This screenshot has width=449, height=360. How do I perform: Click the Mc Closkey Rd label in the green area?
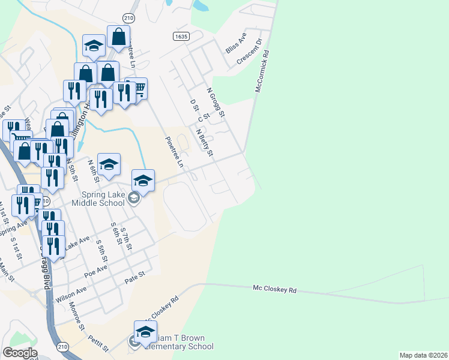click(x=275, y=289)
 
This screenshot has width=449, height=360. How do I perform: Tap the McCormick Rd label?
click(x=262, y=71)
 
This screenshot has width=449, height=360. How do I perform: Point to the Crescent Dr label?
click(x=250, y=52)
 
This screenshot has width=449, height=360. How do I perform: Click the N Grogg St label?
click(x=215, y=103)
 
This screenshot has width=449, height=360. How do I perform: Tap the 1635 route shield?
click(x=181, y=37)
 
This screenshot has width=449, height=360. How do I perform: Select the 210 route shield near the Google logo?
click(x=63, y=347)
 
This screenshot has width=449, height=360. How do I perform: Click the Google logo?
click(x=20, y=353)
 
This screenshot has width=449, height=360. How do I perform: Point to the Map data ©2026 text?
click(x=423, y=355)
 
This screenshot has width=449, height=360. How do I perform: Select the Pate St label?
click(x=135, y=277)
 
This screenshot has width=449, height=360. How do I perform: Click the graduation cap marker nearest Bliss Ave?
click(x=94, y=46)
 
